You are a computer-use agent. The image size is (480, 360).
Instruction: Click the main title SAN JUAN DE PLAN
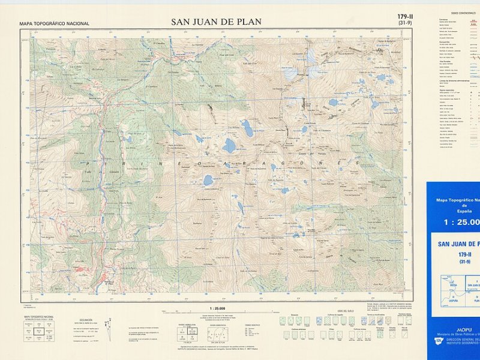(216, 22)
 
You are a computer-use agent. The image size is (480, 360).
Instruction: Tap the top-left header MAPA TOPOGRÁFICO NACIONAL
(54, 24)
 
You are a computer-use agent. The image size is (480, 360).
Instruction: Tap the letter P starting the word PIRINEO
(86, 163)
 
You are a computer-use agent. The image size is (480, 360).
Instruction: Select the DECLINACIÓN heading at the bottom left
(86, 320)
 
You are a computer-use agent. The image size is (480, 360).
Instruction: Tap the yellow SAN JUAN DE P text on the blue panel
(459, 244)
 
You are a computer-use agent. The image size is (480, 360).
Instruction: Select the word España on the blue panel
(460, 211)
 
